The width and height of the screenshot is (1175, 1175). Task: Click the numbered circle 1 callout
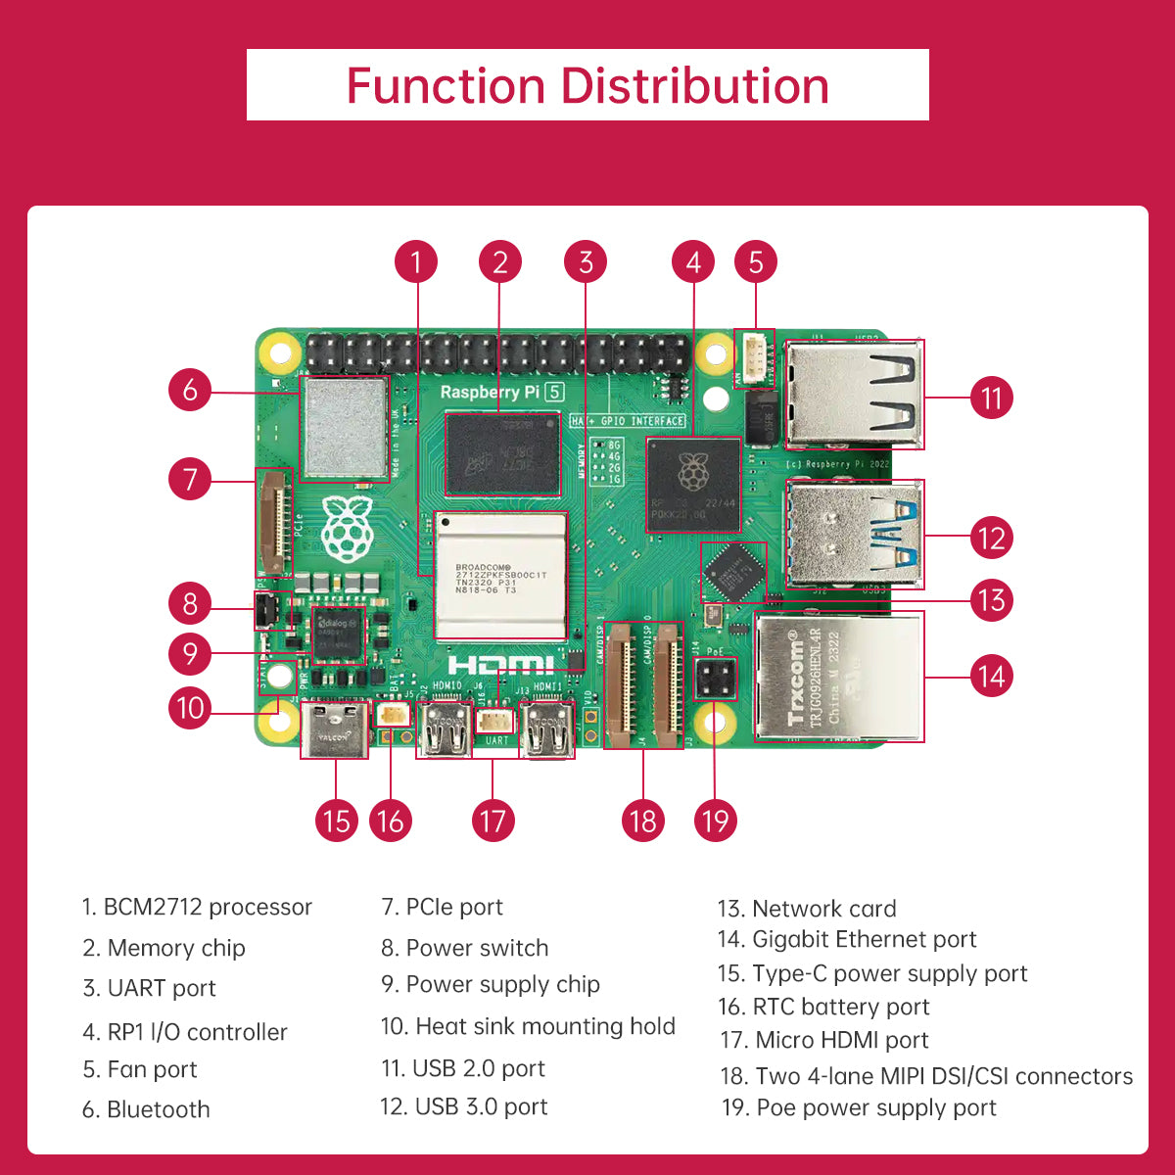(x=416, y=262)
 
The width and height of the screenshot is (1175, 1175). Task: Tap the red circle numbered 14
(x=991, y=676)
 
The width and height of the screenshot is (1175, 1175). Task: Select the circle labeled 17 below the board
(x=493, y=821)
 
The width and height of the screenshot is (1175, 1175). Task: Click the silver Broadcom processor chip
(x=500, y=577)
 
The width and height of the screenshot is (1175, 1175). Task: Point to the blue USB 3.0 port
(x=855, y=534)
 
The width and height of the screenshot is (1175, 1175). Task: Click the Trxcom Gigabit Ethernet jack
(x=838, y=677)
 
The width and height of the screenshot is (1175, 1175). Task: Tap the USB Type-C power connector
(x=335, y=729)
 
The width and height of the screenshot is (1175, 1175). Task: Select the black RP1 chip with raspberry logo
(x=693, y=485)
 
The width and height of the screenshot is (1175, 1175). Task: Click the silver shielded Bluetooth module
(x=344, y=428)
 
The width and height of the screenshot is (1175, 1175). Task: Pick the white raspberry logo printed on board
(x=347, y=529)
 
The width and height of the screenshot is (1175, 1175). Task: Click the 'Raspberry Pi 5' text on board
(x=501, y=392)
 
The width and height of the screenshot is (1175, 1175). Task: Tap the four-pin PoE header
(x=715, y=679)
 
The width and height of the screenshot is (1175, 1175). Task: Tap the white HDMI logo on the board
(x=500, y=665)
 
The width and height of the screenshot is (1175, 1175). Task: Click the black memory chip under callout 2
(x=502, y=453)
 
